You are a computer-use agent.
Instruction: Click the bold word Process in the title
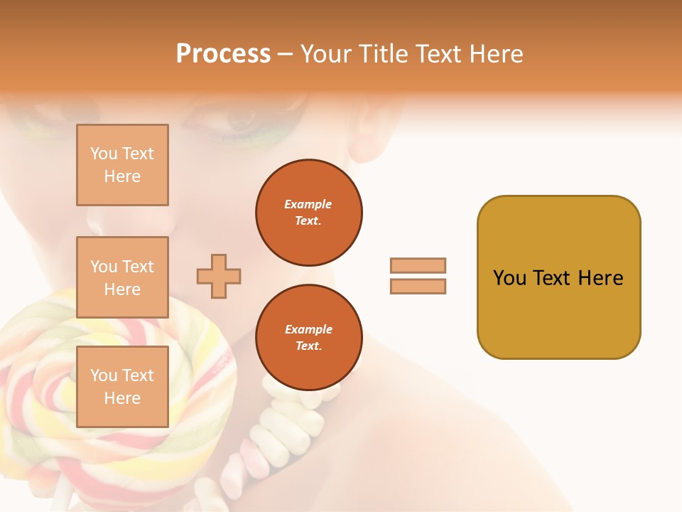click(223, 54)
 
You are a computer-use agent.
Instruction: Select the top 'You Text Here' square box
click(122, 165)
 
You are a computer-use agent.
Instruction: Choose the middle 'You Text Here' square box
click(122, 277)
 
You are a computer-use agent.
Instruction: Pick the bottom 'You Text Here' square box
click(122, 387)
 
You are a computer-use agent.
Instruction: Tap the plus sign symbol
click(219, 276)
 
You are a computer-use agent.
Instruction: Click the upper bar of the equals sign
click(418, 265)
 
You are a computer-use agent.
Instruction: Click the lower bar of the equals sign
click(418, 286)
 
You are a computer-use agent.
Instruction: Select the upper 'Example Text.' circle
click(308, 213)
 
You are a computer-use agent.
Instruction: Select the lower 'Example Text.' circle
click(308, 338)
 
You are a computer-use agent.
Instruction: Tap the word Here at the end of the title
click(497, 54)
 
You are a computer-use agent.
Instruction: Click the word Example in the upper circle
click(308, 204)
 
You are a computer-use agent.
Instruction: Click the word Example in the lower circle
click(308, 329)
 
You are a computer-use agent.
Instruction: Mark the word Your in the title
click(325, 54)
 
